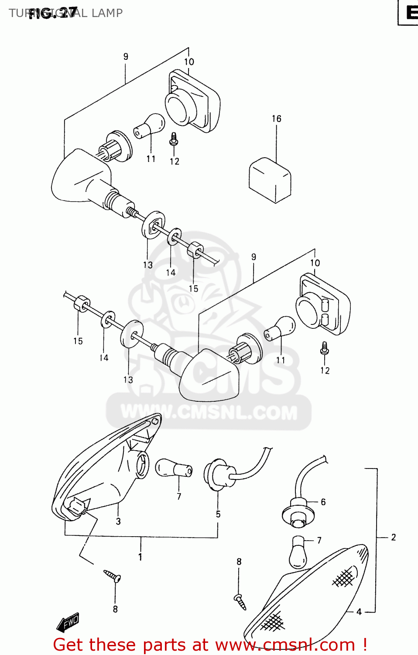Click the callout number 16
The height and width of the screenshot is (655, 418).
pyautogui.click(x=276, y=119)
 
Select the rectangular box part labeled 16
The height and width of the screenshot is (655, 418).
pyautogui.click(x=270, y=180)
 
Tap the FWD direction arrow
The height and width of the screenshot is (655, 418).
pyautogui.click(x=68, y=622)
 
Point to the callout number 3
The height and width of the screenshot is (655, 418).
pyautogui.click(x=118, y=521)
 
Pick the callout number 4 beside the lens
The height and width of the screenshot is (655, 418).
pyautogui.click(x=359, y=612)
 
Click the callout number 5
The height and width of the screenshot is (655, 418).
pyautogui.click(x=218, y=514)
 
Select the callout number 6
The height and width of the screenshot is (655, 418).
pyautogui.click(x=323, y=502)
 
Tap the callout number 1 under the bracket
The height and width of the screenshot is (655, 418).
pyautogui.click(x=140, y=557)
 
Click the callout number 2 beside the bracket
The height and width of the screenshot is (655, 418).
pyautogui.click(x=393, y=538)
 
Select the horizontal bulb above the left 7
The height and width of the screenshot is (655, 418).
pyautogui.click(x=174, y=469)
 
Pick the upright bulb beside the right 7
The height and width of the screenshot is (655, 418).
pyautogui.click(x=298, y=552)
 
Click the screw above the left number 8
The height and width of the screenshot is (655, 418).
pyautogui.click(x=113, y=576)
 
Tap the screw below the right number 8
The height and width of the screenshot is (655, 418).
pyautogui.click(x=240, y=601)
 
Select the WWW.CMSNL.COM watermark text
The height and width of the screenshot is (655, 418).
pyautogui.click(x=209, y=412)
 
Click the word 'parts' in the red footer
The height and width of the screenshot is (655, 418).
pyautogui.click(x=161, y=645)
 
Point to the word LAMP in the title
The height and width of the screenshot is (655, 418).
pyautogui.click(x=107, y=13)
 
